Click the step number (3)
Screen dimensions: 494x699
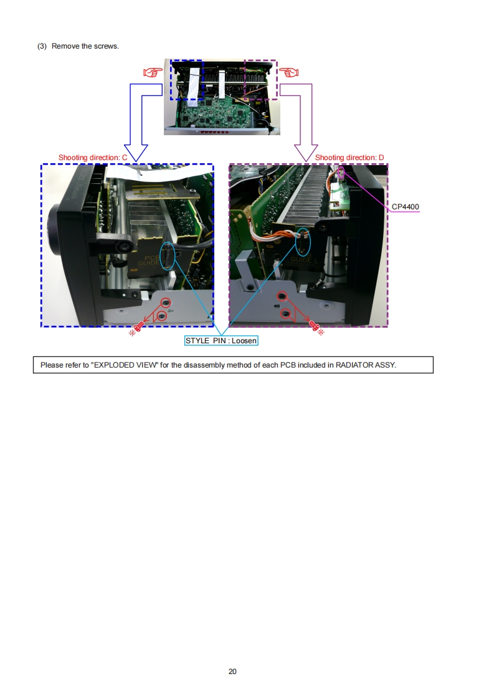point(42,46)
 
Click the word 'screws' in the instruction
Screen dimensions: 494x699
point(106,46)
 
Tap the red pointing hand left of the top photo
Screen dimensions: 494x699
point(153,72)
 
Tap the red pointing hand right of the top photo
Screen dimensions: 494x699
point(289,72)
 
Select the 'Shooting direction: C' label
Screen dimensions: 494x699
point(93,158)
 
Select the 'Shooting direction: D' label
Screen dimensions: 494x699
point(349,158)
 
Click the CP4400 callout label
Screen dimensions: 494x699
point(406,206)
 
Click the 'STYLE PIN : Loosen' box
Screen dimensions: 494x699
point(221,341)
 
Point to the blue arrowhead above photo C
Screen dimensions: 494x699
point(136,153)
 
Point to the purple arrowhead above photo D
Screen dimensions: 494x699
point(306,153)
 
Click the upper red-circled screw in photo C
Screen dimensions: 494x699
point(166,303)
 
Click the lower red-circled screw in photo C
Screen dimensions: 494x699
point(162,316)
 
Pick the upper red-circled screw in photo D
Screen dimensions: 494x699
point(282,296)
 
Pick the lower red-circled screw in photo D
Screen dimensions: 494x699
point(285,314)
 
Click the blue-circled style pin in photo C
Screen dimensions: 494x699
point(168,256)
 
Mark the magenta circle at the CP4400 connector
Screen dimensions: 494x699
point(341,173)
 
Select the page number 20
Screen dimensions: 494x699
point(232,672)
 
